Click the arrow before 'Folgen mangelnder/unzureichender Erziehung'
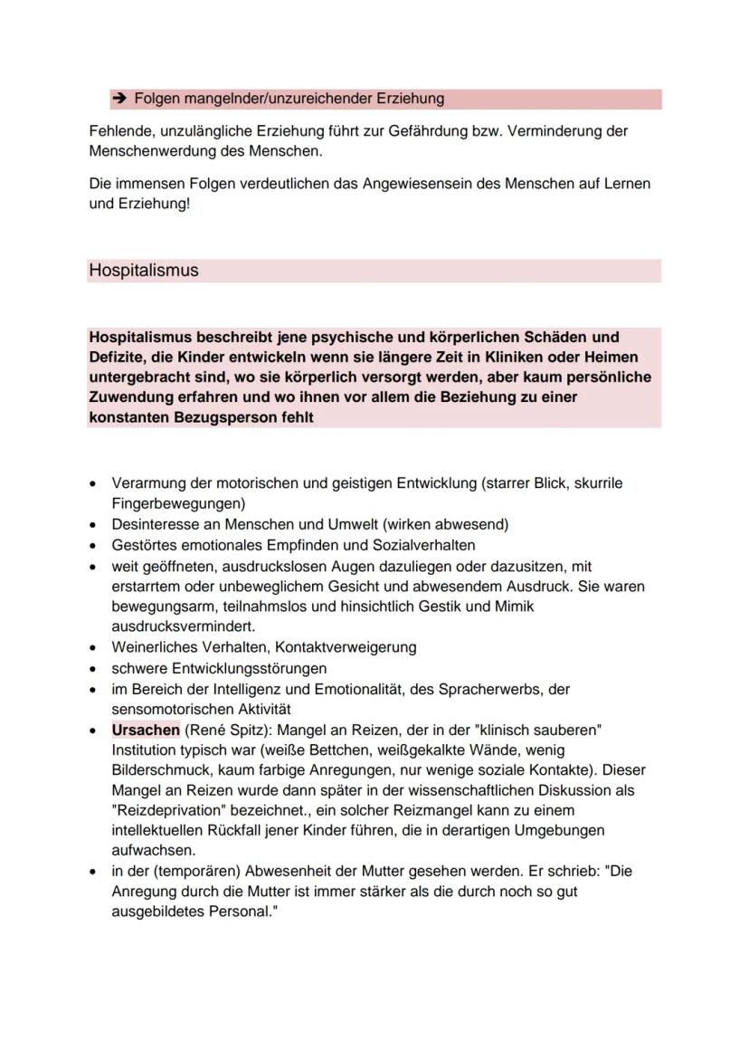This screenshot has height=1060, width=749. coord(119,99)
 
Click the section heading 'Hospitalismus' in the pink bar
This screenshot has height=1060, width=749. coord(144,271)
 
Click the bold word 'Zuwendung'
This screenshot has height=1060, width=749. coord(128,397)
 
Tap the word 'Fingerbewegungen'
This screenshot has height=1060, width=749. coord(178,502)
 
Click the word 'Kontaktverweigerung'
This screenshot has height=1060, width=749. coord(346,647)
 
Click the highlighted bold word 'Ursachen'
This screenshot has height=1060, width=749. coord(145,730)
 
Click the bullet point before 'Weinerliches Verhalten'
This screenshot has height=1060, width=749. coord(94,648)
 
